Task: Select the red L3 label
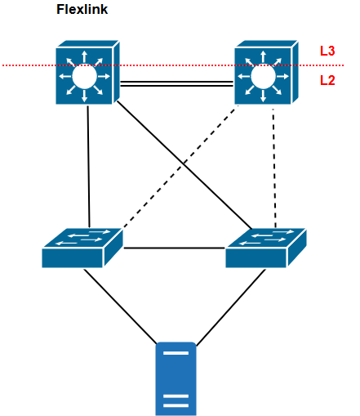(x=327, y=51)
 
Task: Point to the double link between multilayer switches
(x=176, y=82)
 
